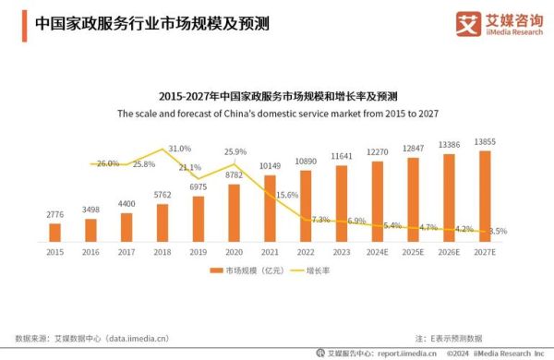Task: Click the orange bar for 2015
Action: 54,232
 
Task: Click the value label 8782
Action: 234,174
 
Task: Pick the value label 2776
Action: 54,214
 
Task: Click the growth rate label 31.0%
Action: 179,148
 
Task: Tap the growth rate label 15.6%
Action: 287,195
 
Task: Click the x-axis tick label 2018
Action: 163,250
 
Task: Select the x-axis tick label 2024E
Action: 378,250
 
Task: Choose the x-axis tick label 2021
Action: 270,250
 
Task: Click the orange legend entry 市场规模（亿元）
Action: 239,271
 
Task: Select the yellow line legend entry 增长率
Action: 311,271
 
